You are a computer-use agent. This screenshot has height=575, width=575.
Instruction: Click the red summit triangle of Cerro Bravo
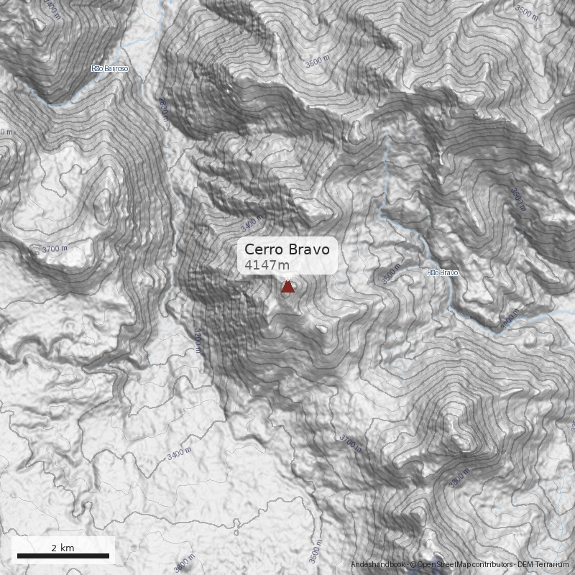tap(287, 287)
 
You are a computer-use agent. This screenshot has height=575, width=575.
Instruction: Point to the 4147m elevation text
tap(267, 267)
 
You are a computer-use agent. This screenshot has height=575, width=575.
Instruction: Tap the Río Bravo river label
tap(442, 273)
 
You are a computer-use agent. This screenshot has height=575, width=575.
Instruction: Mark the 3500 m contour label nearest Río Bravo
tap(390, 274)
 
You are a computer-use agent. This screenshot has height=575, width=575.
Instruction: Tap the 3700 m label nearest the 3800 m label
tap(351, 441)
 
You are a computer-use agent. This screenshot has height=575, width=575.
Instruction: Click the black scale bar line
tap(63, 556)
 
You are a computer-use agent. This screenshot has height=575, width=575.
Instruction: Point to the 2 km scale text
tap(63, 548)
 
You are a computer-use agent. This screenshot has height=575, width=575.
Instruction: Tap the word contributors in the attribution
tap(494, 565)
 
